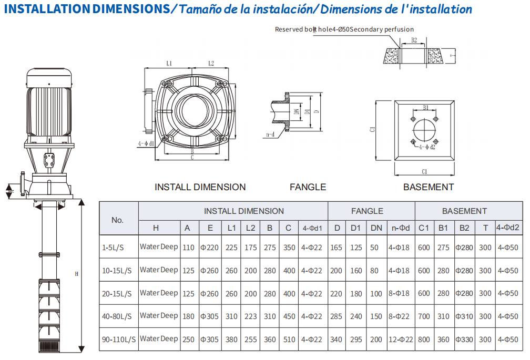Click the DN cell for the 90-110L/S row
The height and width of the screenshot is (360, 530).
point(376,340)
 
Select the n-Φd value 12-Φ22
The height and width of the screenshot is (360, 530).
point(401,340)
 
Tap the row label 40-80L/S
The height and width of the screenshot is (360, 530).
point(117,316)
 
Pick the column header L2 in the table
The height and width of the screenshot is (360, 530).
point(250,228)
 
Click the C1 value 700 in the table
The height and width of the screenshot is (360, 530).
point(424,316)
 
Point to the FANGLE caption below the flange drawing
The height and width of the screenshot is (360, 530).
point(308,187)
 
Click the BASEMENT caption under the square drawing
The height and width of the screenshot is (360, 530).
point(428,187)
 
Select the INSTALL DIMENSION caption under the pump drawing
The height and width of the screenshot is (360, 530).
point(200,187)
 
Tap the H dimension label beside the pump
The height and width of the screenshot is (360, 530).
point(77,274)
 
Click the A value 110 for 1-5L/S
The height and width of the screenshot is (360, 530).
point(188,248)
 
